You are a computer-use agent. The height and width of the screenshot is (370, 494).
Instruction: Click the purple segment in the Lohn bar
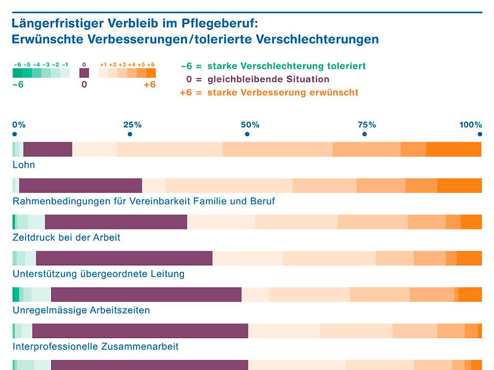click(48, 149)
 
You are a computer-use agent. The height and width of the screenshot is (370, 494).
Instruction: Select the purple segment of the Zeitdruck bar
click(116, 222)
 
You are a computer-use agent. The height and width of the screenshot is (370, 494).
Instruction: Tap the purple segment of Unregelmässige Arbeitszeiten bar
click(146, 294)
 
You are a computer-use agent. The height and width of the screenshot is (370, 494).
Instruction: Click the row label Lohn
click(24, 165)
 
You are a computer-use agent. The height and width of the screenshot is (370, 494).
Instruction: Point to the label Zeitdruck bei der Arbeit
click(67, 238)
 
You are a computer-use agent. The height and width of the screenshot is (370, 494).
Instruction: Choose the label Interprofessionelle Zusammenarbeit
click(96, 346)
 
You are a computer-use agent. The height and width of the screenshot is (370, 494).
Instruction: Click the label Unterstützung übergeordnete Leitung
click(98, 274)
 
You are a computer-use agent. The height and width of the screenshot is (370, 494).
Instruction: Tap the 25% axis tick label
click(132, 125)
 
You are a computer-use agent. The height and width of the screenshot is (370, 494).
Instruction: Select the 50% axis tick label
click(250, 125)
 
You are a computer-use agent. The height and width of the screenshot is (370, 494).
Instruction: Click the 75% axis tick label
click(367, 125)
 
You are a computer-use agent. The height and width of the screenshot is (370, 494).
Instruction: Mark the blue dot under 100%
click(480, 134)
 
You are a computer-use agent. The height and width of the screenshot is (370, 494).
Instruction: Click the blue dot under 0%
click(14, 134)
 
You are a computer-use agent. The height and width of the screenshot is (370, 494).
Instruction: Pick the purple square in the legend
click(84, 73)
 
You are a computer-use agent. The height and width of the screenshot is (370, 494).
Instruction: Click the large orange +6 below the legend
click(150, 85)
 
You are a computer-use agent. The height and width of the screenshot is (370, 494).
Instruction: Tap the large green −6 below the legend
click(17, 85)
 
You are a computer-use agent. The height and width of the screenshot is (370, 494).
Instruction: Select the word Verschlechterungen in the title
click(318, 39)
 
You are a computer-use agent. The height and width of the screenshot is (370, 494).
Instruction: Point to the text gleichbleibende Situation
click(269, 79)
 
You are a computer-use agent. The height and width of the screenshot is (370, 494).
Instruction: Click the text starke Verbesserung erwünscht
click(283, 92)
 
